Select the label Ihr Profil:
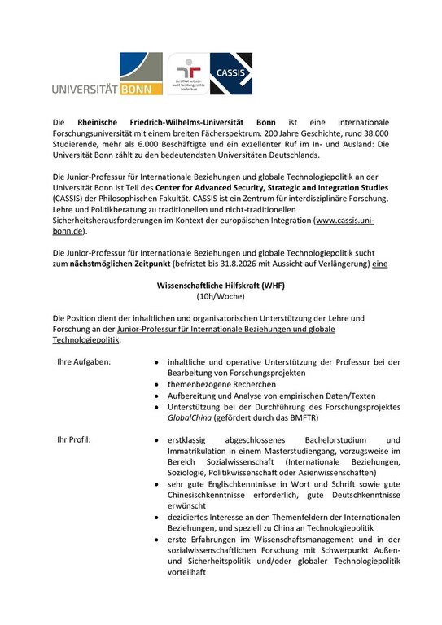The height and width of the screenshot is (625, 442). [x=74, y=440]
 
